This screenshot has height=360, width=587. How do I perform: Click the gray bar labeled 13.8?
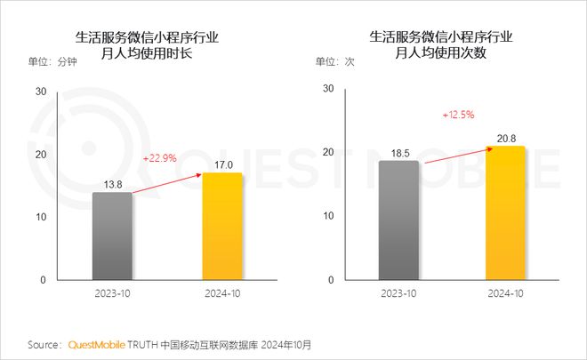click(112, 236)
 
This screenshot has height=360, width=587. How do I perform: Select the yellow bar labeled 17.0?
click(221, 227)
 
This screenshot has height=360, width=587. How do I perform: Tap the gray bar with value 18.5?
click(398, 220)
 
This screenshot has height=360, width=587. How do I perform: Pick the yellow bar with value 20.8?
click(504, 213)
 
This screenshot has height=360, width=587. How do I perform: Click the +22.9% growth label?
click(160, 158)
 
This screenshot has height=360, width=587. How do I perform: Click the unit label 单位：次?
click(338, 62)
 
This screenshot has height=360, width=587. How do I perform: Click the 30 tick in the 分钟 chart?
click(41, 92)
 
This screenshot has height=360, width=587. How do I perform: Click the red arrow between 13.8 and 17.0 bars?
click(167, 182)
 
